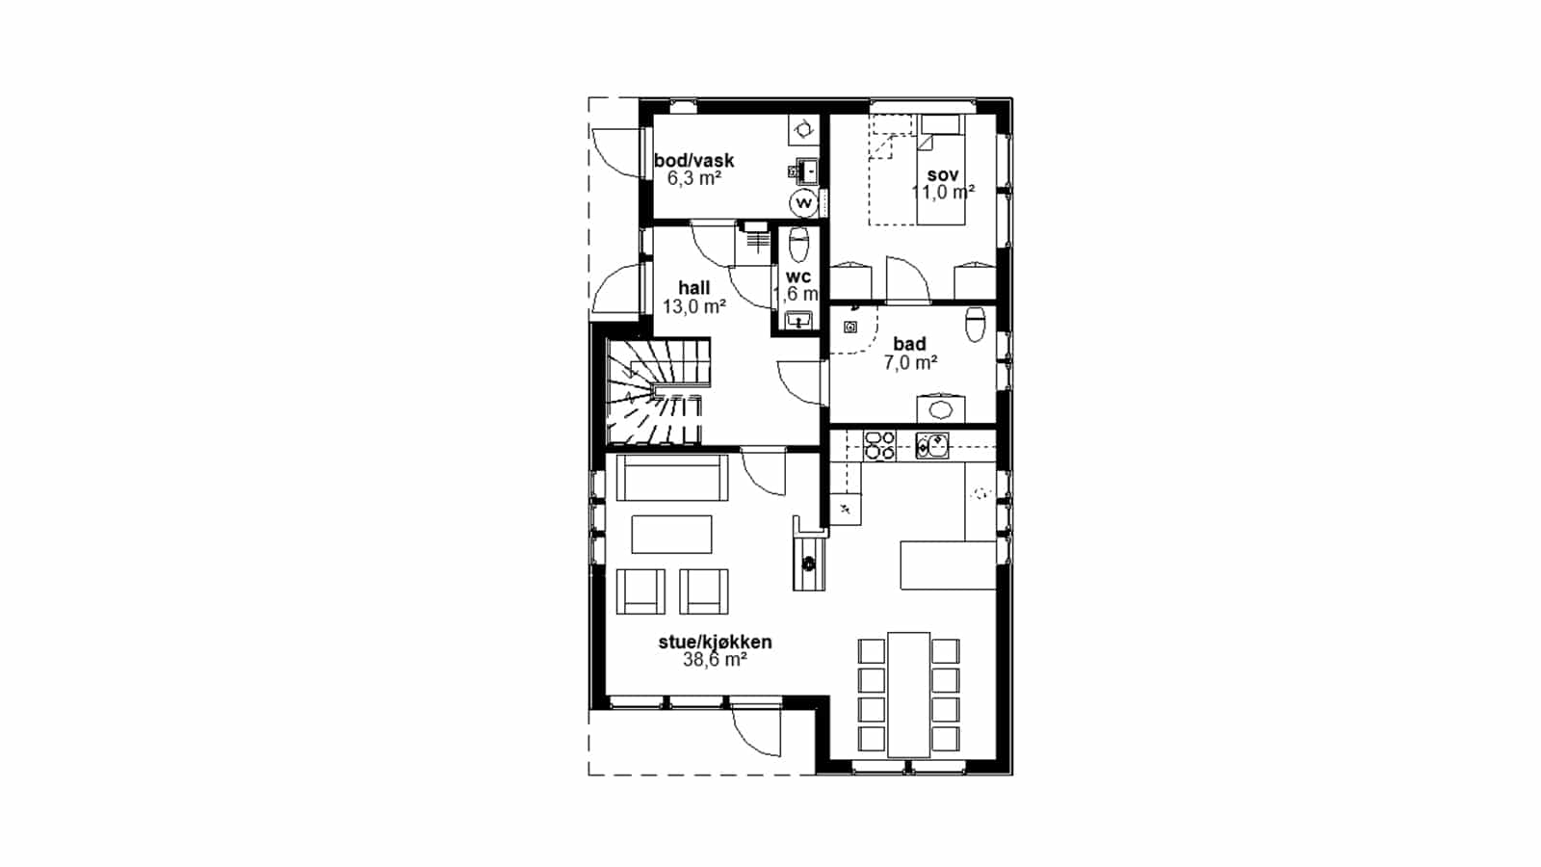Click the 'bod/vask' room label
pos(694,161)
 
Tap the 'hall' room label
pos(694,288)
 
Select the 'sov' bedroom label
pos(943,174)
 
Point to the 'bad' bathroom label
pos(909,343)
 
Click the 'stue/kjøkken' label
pos(716,643)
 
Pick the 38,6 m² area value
pos(716,660)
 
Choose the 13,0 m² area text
pos(694,306)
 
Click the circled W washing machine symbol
pos(803,203)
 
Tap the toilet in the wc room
pos(798,246)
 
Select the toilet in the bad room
pos(976,324)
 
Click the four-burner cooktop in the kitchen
pos(880,445)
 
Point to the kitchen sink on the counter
pos(932,445)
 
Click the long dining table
pos(909,695)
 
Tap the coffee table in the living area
pos(671,534)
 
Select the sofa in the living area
pos(672,478)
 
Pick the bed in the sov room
pos(940,170)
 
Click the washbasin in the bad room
pos(940,408)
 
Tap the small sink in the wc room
pos(798,320)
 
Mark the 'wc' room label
pos(798,276)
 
